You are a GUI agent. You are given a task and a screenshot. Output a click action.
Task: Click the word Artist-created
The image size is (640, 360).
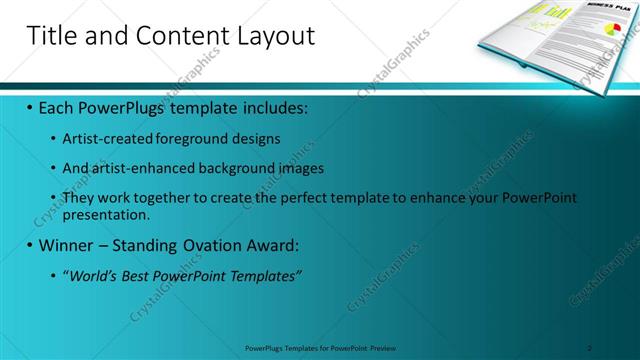point(102,139)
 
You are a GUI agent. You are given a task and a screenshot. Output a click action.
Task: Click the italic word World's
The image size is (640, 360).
point(93,275)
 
